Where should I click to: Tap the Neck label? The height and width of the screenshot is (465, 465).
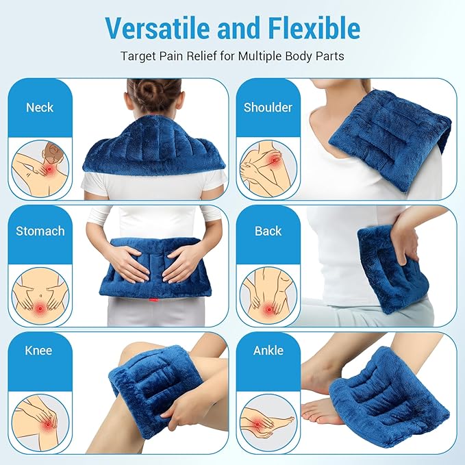click(x=40, y=108)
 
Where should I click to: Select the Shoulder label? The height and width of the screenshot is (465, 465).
click(x=268, y=108)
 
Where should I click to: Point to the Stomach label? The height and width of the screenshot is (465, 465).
click(x=40, y=231)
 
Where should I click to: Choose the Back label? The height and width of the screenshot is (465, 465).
click(x=268, y=231)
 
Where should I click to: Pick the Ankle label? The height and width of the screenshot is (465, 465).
click(x=268, y=351)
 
